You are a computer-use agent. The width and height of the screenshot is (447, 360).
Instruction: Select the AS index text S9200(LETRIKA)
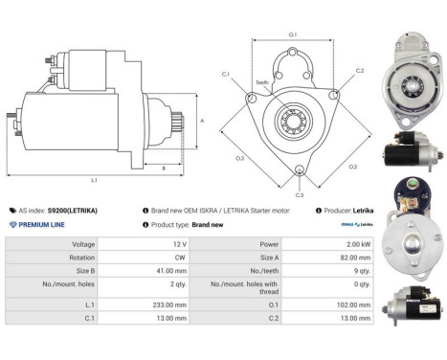[73, 210]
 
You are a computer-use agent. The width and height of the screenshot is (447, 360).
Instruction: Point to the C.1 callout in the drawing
[226, 73]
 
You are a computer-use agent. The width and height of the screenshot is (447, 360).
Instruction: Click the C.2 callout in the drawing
[360, 71]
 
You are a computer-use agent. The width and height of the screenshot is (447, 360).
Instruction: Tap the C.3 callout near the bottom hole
[299, 194]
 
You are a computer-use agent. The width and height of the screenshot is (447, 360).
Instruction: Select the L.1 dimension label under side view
[94, 180]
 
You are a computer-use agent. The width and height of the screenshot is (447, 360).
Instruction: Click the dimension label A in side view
[202, 121]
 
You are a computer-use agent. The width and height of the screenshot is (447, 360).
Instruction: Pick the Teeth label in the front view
[262, 82]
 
